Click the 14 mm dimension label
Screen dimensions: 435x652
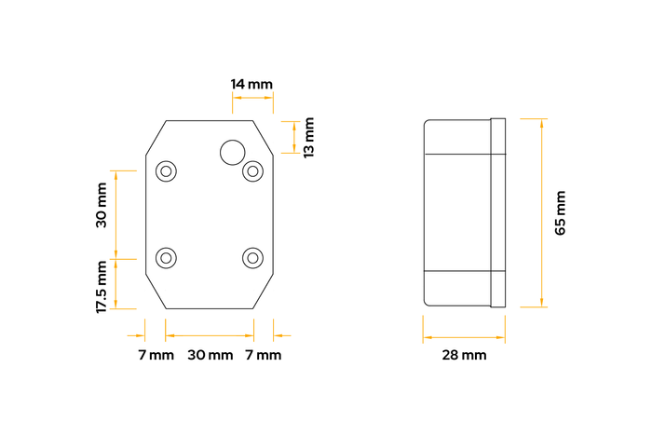251,84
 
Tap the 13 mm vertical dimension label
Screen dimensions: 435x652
309,136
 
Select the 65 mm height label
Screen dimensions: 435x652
561,213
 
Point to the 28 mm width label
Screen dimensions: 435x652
464,355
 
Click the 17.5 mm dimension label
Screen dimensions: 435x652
102,286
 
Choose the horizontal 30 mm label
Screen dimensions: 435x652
210,355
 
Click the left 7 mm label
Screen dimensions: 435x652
156,355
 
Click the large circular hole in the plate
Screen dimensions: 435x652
231,151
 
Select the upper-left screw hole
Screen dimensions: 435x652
167,171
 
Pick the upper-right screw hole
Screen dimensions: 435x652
252,171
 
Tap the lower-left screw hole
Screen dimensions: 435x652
167,257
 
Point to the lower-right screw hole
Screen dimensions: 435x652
252,257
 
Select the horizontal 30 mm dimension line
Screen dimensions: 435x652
210,335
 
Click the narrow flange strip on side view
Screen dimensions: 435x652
497,212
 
